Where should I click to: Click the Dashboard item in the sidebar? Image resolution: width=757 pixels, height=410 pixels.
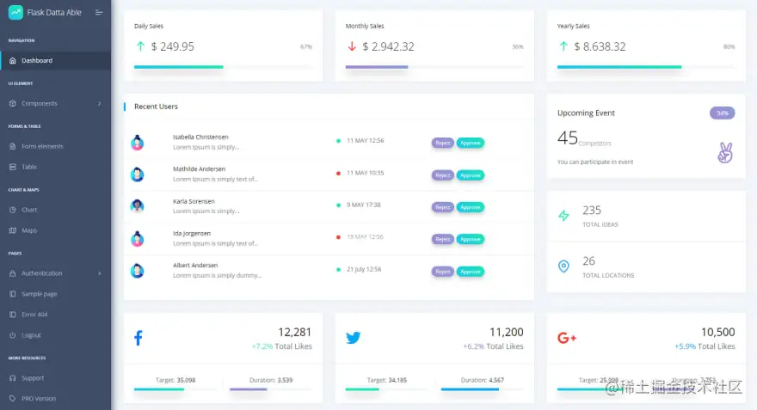click(x=36, y=61)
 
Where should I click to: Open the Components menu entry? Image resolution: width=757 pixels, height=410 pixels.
click(x=40, y=104)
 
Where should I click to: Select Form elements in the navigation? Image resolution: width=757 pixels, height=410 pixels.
click(x=42, y=146)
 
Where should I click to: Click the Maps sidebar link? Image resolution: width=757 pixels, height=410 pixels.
click(x=29, y=230)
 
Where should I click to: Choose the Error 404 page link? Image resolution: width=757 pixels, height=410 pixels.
click(x=34, y=315)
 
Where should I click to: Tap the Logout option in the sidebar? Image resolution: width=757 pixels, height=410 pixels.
click(x=31, y=335)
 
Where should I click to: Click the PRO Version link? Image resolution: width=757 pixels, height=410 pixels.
click(x=39, y=399)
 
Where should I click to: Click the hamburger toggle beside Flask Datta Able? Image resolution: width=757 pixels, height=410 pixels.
click(x=99, y=12)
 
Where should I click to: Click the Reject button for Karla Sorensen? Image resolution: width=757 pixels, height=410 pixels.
click(x=442, y=207)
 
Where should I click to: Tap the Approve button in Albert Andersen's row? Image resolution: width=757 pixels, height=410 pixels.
click(x=470, y=272)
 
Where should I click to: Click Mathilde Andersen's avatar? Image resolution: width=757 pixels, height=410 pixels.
click(x=138, y=174)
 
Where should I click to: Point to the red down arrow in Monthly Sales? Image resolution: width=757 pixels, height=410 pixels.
click(x=352, y=46)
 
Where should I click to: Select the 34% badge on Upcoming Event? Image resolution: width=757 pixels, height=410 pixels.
click(x=722, y=113)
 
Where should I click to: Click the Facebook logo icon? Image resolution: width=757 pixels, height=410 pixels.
click(x=138, y=338)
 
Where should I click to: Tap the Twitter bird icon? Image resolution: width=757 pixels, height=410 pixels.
click(x=353, y=338)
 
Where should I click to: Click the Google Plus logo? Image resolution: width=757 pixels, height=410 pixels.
click(x=566, y=338)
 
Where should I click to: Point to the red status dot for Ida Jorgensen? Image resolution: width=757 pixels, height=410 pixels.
click(x=339, y=237)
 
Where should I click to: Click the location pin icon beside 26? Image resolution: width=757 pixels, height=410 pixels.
click(x=563, y=266)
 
